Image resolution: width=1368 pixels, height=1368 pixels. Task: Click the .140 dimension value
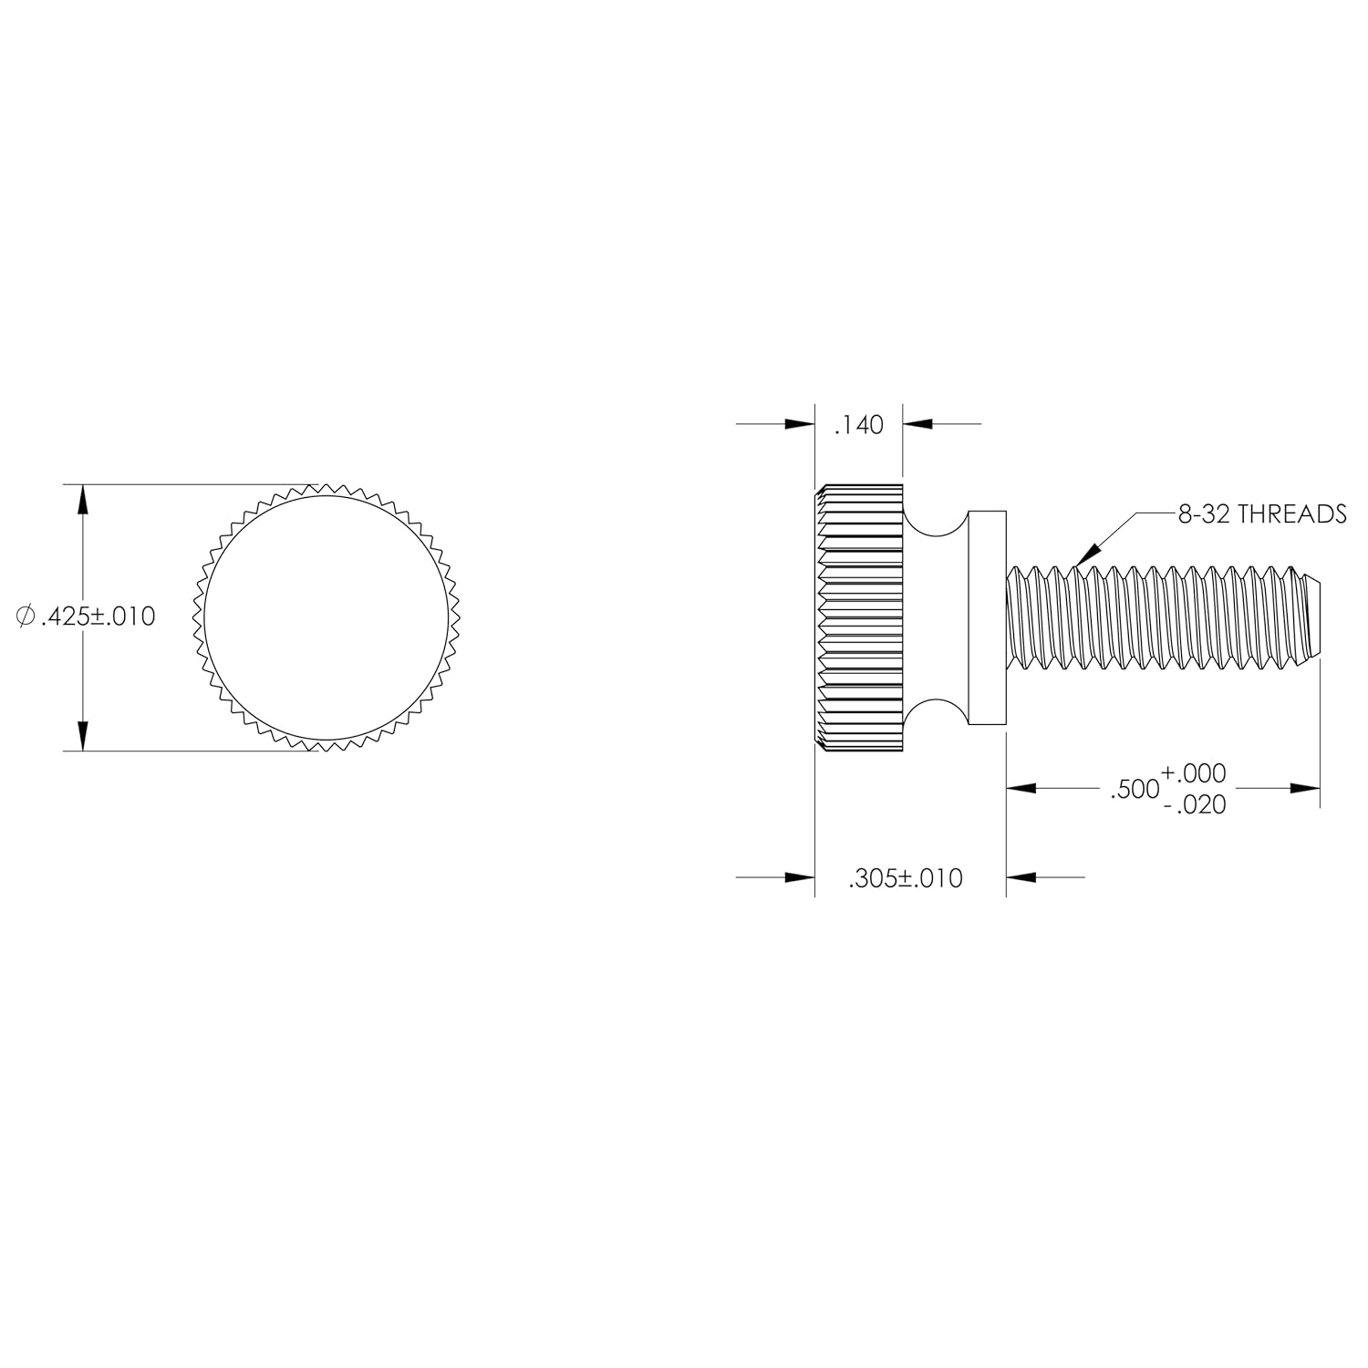click(859, 425)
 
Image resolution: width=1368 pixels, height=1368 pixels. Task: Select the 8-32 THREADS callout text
click(1261, 514)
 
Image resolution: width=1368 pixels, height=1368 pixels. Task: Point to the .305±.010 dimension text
click(905, 878)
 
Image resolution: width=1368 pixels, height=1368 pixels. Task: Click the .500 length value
click(1134, 790)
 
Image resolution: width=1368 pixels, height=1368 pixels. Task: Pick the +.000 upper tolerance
click(1194, 773)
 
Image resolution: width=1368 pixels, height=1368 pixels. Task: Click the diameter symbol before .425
click(26, 617)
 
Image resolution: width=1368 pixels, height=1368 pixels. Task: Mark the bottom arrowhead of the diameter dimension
click(83, 736)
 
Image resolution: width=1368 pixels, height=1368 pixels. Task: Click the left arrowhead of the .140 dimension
click(800, 424)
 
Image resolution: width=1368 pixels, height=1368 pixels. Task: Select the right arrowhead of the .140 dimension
click(917, 424)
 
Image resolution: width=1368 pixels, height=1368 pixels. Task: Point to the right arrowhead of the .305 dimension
click(1021, 877)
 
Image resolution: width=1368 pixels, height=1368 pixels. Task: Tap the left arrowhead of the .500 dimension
click(1021, 788)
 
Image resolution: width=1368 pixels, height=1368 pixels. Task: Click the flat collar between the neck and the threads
click(987, 617)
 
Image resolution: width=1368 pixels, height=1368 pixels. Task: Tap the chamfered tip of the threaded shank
click(1311, 617)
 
